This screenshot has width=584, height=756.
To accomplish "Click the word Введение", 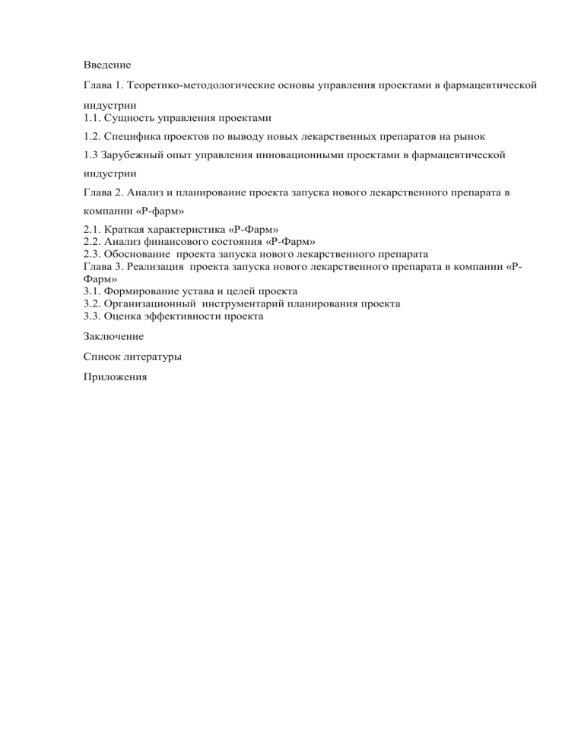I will (x=107, y=66).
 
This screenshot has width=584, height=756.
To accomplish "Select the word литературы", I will (x=155, y=355).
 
